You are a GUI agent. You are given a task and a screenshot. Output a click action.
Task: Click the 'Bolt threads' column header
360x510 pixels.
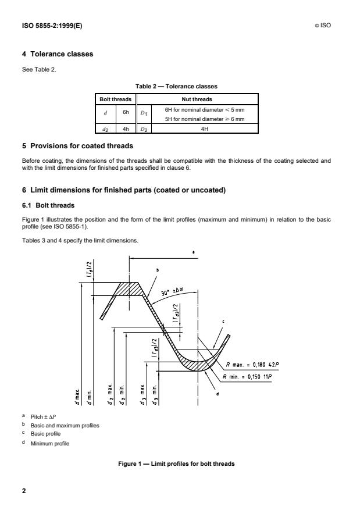113,99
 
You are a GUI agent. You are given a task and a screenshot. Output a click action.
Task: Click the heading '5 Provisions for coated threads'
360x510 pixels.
77,145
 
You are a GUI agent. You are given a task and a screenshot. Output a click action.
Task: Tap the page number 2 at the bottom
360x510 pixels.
24,491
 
